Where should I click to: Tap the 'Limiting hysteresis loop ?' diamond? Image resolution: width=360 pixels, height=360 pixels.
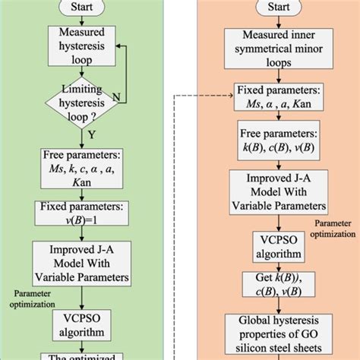pyautogui.click(x=82, y=99)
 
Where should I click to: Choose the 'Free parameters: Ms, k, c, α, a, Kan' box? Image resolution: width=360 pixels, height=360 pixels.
pyautogui.click(x=82, y=171)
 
